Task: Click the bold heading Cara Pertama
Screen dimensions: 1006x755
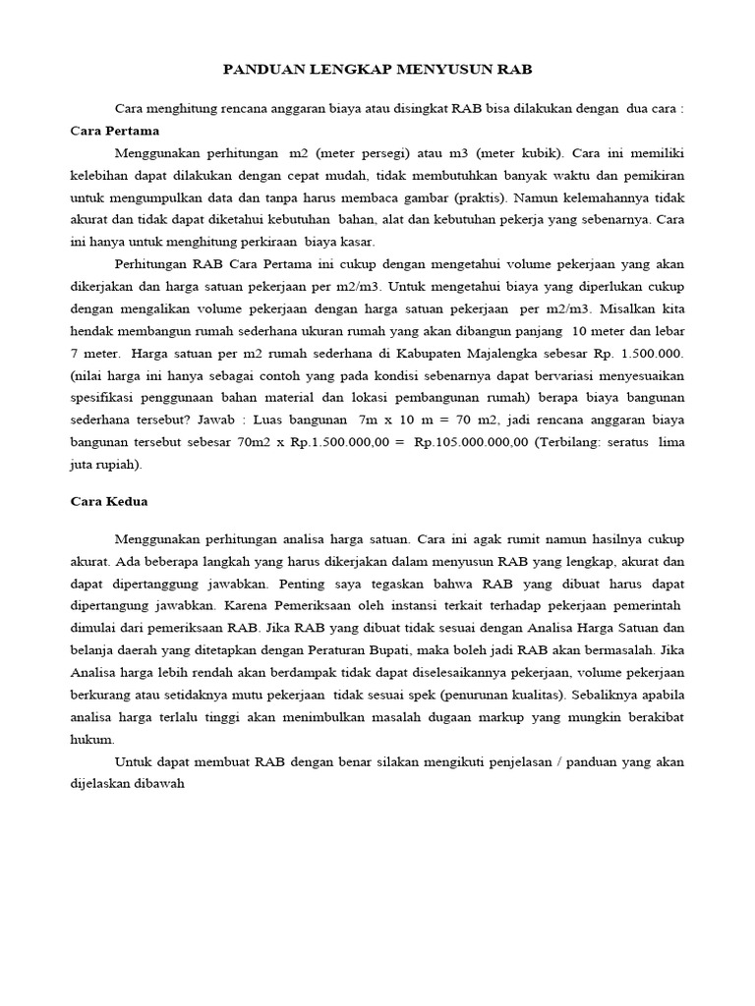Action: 115,130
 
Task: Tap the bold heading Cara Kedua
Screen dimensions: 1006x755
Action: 109,501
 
